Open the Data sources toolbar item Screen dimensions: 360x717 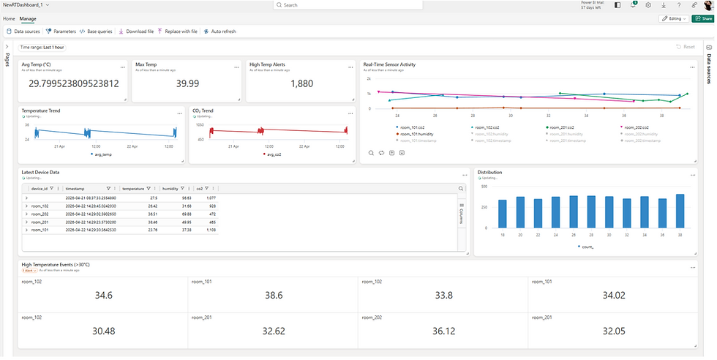coord(23,31)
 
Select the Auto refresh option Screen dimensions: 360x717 coord(219,31)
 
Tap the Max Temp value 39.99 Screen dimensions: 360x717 coord(188,83)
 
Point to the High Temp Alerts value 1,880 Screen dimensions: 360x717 coord(301,83)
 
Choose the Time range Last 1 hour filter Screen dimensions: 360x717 coord(42,47)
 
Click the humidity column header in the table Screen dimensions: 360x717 coord(170,188)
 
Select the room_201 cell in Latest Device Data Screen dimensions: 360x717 coord(40,222)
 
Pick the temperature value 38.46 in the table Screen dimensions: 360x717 coord(149,222)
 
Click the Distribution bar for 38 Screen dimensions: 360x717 coord(680,211)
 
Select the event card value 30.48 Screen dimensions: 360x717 coord(103,331)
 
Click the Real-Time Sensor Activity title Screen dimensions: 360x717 coord(389,64)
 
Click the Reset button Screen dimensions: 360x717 coord(686,47)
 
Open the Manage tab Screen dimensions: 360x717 coord(27,18)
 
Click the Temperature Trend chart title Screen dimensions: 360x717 coord(41,111)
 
